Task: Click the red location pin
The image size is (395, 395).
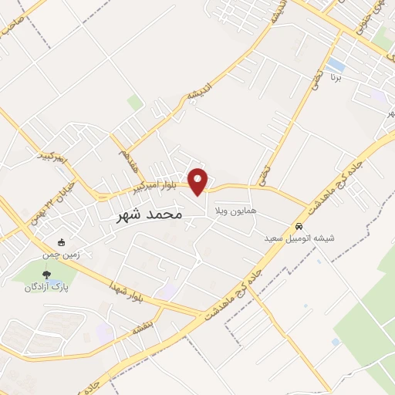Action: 199,181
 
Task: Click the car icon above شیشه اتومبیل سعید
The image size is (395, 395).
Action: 298,227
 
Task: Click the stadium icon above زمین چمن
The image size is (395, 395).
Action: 62,241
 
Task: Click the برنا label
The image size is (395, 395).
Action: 335,77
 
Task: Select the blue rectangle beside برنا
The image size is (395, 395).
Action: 336,63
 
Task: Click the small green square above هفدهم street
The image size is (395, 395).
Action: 135,102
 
